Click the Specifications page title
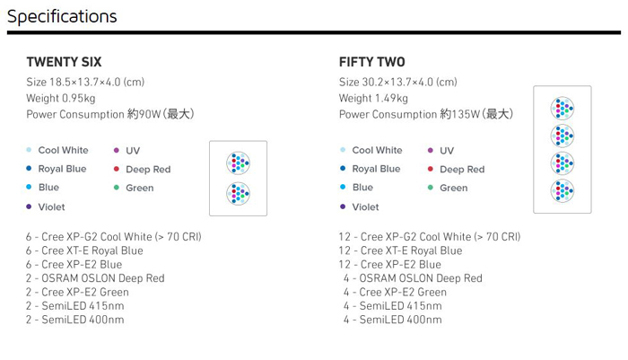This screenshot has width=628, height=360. click(62, 17)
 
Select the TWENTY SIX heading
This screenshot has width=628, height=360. click(64, 62)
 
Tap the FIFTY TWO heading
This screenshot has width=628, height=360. click(372, 62)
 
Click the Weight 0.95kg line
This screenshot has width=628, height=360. click(61, 98)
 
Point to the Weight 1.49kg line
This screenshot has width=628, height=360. click(373, 98)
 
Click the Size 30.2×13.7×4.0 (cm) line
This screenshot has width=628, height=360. click(397, 83)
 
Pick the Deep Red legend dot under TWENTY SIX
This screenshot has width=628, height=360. click(117, 169)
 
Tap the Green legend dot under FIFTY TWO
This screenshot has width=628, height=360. click(431, 188)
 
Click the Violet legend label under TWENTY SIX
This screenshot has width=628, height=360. click(51, 206)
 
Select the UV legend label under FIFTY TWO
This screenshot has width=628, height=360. click(447, 151)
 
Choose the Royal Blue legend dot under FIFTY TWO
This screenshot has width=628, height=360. click(343, 169)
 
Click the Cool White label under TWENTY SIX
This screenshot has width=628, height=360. click(64, 150)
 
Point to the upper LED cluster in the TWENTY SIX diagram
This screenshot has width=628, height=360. click(238, 163)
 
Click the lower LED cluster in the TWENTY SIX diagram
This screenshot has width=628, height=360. click(238, 194)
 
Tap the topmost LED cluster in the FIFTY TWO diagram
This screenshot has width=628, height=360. click(563, 109)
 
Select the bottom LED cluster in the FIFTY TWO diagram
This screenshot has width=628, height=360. click(563, 191)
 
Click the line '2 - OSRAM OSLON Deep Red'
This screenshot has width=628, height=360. click(95, 278)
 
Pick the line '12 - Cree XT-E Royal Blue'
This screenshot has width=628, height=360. click(400, 250)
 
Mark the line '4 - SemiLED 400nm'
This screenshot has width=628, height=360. click(393, 320)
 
